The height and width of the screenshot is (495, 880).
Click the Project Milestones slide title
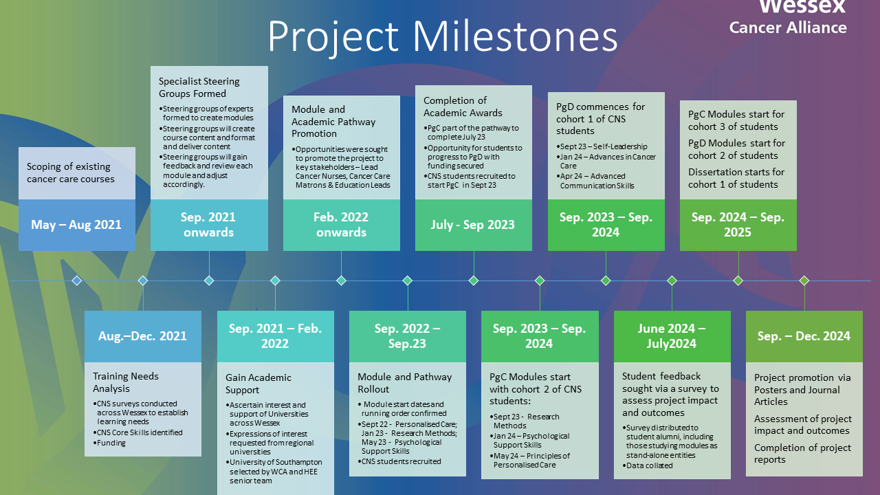[443, 36]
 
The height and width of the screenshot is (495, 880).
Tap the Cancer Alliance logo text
[788, 27]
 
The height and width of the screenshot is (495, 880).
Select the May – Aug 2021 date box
[77, 225]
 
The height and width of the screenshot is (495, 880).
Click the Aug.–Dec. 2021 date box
[143, 336]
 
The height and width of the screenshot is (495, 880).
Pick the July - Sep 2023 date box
[474, 225]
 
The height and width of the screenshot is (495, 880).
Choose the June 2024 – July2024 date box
[672, 336]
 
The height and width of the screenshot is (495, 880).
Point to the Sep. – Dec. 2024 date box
[804, 336]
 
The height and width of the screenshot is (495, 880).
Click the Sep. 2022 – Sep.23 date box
[408, 336]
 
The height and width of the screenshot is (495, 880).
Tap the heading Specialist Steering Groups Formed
[199, 87]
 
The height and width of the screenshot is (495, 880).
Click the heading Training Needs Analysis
[126, 382]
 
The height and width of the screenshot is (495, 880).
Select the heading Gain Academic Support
[258, 384]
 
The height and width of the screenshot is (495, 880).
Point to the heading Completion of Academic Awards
[463, 107]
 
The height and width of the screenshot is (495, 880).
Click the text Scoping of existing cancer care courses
[71, 173]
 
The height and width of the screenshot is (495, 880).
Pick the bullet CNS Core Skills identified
[138, 432]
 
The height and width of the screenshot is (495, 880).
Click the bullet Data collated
[648, 465]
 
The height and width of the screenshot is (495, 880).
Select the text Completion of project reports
[802, 454]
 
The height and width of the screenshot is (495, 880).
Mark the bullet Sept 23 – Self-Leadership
[602, 146]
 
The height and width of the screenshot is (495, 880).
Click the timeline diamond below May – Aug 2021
[77, 280]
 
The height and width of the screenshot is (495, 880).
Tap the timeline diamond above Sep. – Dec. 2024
[804, 280]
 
